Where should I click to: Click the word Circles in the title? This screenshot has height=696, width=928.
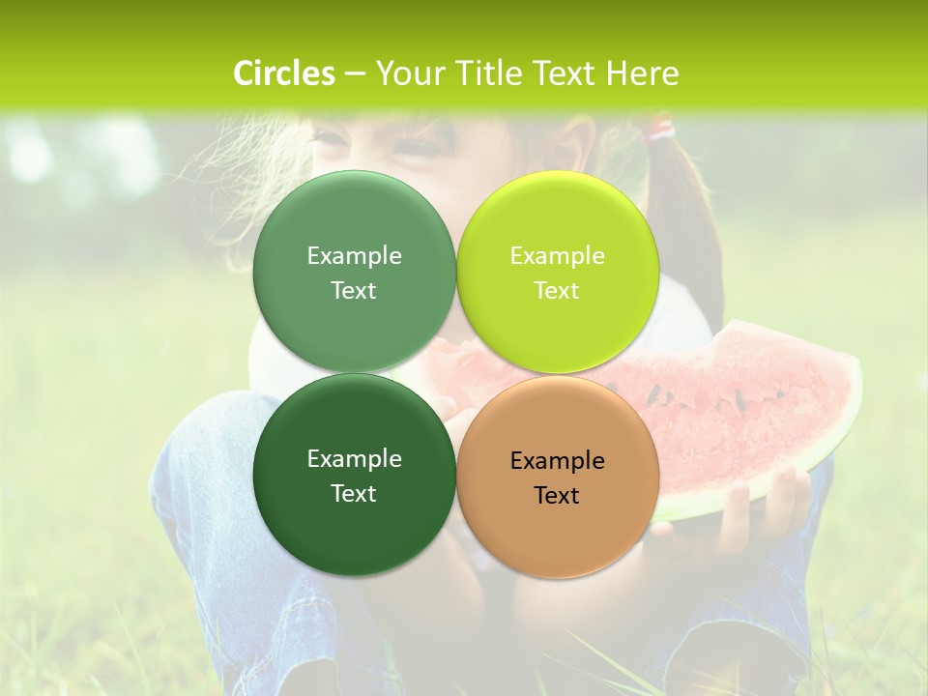click(x=283, y=73)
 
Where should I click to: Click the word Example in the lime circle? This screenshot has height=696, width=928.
click(x=557, y=255)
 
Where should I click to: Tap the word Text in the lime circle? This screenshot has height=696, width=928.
click(x=557, y=290)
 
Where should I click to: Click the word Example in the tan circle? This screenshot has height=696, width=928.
click(x=557, y=460)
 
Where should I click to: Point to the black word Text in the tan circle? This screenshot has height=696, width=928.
click(x=557, y=495)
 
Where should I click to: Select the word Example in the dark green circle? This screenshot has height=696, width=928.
click(x=354, y=458)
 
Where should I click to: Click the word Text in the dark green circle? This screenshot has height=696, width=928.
click(x=354, y=493)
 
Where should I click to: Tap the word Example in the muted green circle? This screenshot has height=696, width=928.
click(x=354, y=255)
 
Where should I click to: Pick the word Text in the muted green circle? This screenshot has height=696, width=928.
click(x=354, y=290)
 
